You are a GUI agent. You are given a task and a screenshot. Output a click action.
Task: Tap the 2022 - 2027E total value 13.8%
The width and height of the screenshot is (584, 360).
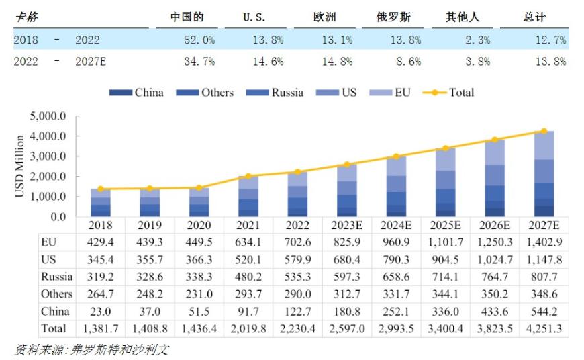[x=550, y=62]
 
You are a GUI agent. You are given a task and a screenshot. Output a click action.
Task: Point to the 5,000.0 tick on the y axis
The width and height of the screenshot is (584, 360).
[x=48, y=116]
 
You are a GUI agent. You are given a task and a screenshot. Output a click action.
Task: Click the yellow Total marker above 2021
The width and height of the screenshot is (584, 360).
[x=248, y=176]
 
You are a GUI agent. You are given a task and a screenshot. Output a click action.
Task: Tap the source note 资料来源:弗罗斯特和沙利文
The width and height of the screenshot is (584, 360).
[x=91, y=350]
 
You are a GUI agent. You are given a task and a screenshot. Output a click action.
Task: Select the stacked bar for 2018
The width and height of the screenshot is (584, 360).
[x=101, y=203]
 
